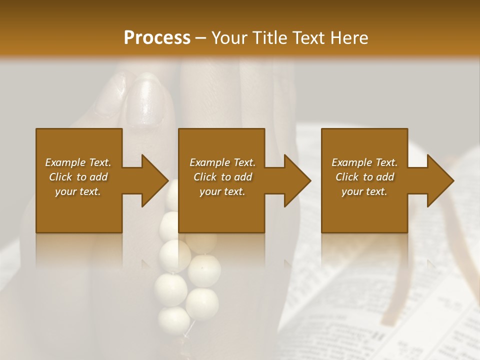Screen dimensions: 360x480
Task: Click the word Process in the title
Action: (x=157, y=37)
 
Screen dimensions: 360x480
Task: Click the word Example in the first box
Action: (x=65, y=162)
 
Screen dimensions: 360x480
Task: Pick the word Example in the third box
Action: (x=351, y=162)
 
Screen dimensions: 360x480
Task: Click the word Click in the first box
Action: (x=61, y=177)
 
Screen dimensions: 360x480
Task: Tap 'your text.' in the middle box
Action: (x=222, y=191)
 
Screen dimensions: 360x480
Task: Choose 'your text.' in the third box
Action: (x=364, y=191)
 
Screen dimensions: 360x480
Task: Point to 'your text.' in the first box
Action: (x=78, y=191)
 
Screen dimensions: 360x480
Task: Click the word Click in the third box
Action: (x=347, y=177)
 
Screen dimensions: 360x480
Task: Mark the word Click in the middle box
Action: (x=205, y=177)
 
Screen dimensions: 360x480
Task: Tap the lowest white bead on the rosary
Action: (x=173, y=318)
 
